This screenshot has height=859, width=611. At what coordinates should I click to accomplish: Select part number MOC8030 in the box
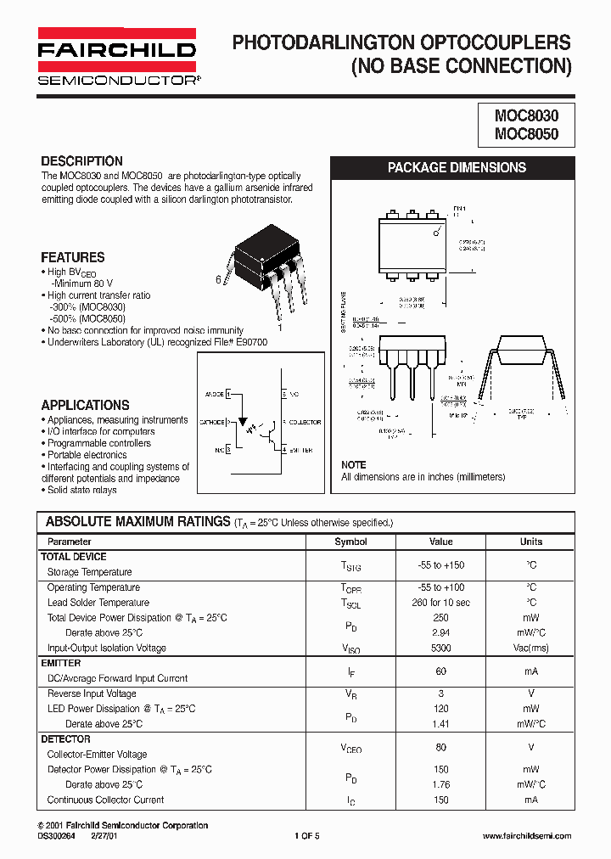pos(521,115)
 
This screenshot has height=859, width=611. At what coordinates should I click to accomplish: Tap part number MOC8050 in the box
pos(521,133)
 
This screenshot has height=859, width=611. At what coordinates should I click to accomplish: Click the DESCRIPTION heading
pos(81,161)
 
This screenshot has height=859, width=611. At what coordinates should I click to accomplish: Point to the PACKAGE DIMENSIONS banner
pos(457,167)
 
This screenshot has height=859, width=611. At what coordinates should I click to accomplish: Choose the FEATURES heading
pos(73,257)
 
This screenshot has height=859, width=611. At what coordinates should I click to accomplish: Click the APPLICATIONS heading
pos(85,406)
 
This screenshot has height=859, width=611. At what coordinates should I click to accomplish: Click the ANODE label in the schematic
pos(213,395)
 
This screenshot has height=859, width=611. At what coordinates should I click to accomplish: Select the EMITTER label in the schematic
pos(300,450)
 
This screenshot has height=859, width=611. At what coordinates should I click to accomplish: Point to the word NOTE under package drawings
pos(353,465)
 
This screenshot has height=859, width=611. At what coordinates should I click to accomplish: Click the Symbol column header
pos(350,542)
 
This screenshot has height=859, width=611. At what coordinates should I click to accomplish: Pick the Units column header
pos(531,542)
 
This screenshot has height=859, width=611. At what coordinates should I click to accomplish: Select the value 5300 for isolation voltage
pos(441,648)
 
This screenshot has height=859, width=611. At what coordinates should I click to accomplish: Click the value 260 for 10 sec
pos(441,603)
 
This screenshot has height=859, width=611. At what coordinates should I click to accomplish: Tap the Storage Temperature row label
pos(89,572)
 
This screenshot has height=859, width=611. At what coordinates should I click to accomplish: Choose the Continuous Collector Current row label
pos(105,800)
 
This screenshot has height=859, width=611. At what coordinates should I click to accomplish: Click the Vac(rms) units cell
pos(531,648)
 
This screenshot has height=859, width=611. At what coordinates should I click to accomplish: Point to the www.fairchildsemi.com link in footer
pos(526,837)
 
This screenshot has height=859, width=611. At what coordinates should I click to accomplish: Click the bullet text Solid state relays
pos(81,490)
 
